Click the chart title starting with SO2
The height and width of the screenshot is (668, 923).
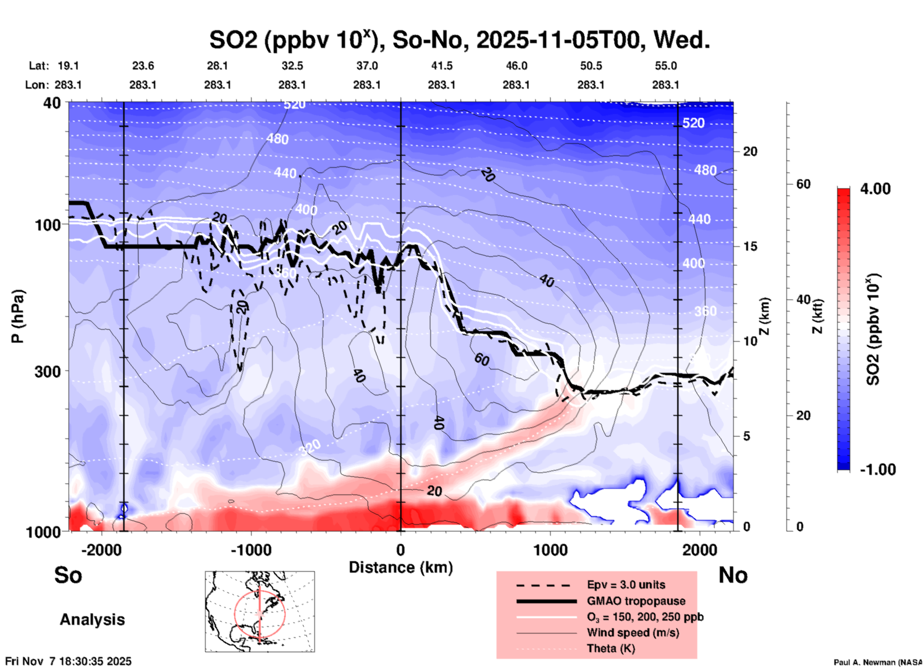(x=459, y=40)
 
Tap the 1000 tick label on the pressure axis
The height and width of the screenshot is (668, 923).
(x=47, y=531)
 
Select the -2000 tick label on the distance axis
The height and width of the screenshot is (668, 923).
(x=102, y=550)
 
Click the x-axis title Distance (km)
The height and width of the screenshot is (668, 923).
(x=401, y=567)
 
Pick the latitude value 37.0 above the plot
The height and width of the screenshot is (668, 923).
(x=367, y=66)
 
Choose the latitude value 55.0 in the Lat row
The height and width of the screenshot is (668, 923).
(x=666, y=66)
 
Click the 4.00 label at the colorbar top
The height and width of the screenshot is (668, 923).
(x=875, y=189)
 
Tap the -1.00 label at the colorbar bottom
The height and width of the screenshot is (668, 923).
(x=877, y=470)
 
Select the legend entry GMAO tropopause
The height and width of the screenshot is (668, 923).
(x=636, y=601)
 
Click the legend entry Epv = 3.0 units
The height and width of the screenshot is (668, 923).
(x=626, y=585)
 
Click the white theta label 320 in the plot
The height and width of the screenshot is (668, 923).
(x=310, y=448)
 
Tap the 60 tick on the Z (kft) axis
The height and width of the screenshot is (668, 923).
(x=803, y=184)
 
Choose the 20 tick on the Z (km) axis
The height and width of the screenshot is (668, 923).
(x=750, y=151)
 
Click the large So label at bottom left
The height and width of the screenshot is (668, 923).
(x=68, y=575)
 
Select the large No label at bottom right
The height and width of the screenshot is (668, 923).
(x=733, y=575)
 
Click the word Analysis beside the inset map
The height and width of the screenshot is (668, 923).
(x=92, y=620)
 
